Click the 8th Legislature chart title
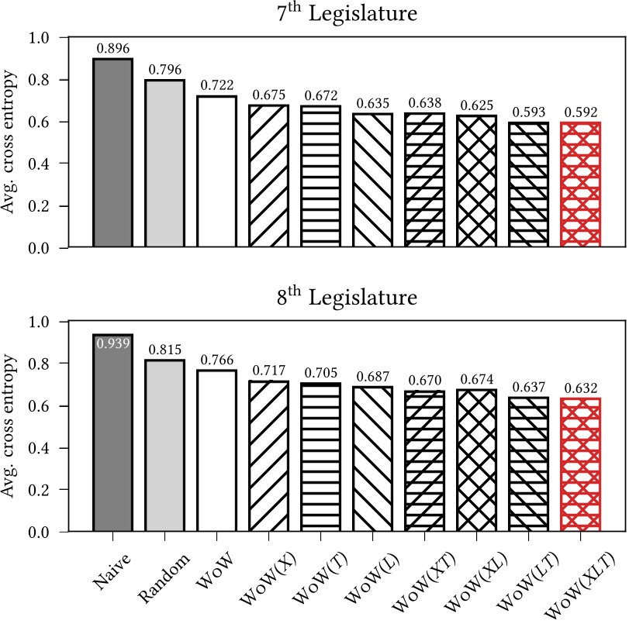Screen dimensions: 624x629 345,298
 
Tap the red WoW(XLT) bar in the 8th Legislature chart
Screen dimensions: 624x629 580,465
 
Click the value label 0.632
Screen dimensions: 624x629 580,388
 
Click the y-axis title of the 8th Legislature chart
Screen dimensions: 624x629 14,426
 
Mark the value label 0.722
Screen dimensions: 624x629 216,86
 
